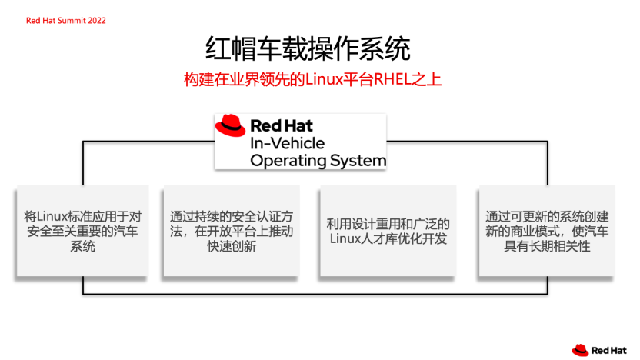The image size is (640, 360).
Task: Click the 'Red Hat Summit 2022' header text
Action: [65, 21]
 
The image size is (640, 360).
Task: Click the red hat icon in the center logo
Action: [230, 125]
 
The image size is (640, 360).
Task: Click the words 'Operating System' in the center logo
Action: [318, 160]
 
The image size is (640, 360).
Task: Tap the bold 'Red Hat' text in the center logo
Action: [282, 125]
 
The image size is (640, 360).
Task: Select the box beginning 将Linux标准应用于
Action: [82, 231]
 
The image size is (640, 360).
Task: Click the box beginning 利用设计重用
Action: [388, 231]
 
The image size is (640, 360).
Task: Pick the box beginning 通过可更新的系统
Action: [546, 231]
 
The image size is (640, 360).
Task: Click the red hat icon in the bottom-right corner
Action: [580, 350]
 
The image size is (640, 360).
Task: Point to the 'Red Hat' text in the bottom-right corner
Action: [611, 351]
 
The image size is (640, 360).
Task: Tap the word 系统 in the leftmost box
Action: [82, 247]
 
